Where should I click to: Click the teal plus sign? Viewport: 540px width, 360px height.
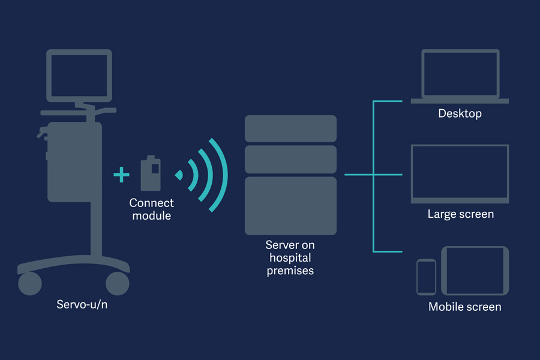[x=121, y=175]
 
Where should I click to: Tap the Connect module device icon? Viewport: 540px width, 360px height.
[x=151, y=174]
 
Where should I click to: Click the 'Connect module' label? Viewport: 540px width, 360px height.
[x=151, y=209]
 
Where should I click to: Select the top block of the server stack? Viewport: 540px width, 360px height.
[x=290, y=128]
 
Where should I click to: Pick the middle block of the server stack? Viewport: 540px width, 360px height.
[x=290, y=159]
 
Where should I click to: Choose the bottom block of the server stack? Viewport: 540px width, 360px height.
[x=290, y=205]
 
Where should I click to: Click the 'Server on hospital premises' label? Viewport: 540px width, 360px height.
[x=290, y=258]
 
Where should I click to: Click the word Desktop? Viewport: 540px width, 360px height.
[x=460, y=113]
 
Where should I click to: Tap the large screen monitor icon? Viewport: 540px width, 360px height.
[x=460, y=173]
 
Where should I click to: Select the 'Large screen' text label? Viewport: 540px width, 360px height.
[x=460, y=214]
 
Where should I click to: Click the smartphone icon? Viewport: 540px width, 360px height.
[x=426, y=277]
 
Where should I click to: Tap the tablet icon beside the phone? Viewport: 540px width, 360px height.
[x=475, y=270]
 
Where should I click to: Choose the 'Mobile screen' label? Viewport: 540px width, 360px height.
[x=464, y=307]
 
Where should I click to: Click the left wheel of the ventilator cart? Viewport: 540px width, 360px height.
[x=30, y=283]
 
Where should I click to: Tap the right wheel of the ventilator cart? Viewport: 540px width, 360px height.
[x=117, y=283]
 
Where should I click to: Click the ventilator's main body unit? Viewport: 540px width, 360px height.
[x=73, y=162]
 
